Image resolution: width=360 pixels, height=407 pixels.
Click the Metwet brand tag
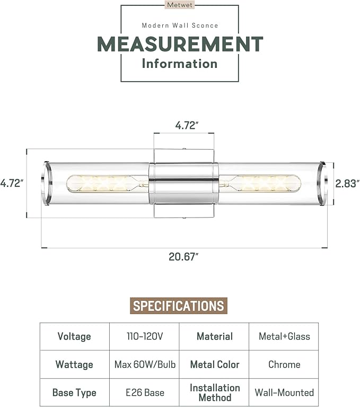tap(180, 5)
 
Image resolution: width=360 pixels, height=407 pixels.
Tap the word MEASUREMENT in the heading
tap(180, 44)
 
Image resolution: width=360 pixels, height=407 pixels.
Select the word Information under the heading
tap(180, 64)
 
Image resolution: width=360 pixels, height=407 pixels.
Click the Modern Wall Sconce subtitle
tap(180, 25)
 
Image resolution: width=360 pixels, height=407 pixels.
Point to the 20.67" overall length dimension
tap(183, 257)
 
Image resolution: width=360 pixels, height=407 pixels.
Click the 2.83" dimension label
tap(348, 183)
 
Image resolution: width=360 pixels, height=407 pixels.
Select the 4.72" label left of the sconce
tap(12, 183)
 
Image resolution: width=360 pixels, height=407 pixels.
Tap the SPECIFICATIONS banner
tap(179, 306)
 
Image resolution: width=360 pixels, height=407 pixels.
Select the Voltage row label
tap(74, 336)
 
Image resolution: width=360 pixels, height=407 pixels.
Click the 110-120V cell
tap(144, 336)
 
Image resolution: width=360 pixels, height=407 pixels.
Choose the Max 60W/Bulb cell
tap(144, 365)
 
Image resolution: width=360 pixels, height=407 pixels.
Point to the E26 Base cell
tap(144, 393)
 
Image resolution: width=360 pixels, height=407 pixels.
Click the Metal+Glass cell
tap(284, 336)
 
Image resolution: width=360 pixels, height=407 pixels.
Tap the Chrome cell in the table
tap(284, 365)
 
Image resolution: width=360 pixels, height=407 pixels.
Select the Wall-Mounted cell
tap(284, 393)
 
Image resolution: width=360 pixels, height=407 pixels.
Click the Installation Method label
tap(214, 393)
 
